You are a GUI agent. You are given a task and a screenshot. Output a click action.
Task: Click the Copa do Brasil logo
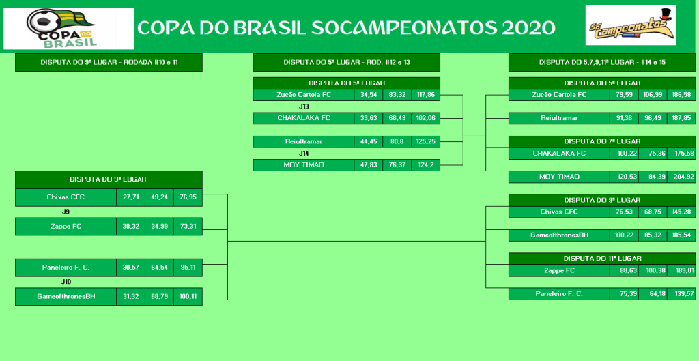[69, 28]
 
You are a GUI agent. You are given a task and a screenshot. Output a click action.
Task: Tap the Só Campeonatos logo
[630, 25]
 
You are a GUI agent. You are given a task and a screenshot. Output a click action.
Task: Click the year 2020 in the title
[529, 28]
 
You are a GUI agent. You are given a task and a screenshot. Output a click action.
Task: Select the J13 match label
[304, 106]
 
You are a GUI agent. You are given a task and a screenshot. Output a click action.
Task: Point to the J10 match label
[66, 282]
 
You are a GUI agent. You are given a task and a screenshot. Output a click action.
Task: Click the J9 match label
[66, 212]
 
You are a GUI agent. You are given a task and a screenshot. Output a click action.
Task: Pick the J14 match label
[304, 154]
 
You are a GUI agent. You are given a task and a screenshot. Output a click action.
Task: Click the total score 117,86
[426, 95]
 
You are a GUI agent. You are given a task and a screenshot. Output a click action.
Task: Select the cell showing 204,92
[682, 177]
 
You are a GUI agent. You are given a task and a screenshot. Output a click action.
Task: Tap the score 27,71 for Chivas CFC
[130, 197]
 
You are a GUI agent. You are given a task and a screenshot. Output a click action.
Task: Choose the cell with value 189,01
[682, 270]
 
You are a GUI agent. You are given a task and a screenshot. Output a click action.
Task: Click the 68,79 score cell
[159, 296]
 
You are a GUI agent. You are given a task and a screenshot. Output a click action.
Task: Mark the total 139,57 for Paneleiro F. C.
[682, 293]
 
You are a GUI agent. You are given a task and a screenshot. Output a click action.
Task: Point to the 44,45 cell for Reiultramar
[369, 142]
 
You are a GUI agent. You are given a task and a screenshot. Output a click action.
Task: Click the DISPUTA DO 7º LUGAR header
[602, 141]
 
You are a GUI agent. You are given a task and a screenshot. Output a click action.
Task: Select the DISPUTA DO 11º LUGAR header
[602, 258]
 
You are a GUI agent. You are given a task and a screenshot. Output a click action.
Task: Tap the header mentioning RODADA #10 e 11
[109, 62]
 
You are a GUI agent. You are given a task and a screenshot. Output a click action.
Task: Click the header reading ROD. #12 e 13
[346, 62]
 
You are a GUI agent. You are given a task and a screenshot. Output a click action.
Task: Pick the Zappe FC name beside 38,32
[66, 227]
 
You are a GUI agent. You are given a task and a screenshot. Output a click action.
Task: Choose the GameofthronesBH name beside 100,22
[559, 235]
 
